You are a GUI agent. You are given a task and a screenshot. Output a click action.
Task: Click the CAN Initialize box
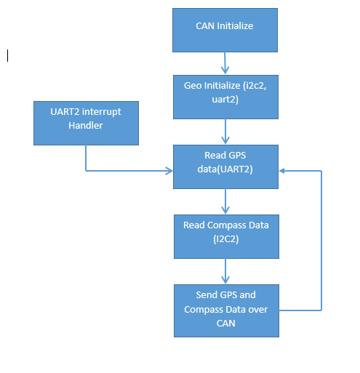coord(225,30)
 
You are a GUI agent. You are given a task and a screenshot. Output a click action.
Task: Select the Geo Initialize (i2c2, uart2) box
coord(225,97)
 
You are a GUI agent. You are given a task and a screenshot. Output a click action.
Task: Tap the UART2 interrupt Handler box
coord(86,123)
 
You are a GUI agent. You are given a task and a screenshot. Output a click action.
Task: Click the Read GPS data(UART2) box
coord(225,167)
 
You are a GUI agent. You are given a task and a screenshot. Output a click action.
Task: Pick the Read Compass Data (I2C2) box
coord(226,236)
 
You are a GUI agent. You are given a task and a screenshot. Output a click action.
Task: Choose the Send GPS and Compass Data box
coord(226,310)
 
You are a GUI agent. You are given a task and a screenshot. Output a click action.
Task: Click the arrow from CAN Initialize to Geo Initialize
coord(225,63)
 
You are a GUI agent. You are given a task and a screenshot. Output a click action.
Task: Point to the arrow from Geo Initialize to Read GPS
coord(225,132)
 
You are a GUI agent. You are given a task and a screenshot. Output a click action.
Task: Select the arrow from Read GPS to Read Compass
coord(225,201)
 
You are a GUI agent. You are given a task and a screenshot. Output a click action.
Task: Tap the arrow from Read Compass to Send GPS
coord(225,271)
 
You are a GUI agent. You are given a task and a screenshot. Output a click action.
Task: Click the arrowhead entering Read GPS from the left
coord(169,171)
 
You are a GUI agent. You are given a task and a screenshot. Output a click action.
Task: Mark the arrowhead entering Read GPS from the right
coord(281,171)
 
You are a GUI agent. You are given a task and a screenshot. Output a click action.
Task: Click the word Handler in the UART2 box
coord(86,126)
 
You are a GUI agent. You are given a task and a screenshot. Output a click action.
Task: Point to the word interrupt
coord(102,112)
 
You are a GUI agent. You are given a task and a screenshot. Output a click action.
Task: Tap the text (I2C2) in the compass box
coord(226,239)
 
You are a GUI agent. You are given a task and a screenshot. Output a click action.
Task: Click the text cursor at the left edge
coord(8,55)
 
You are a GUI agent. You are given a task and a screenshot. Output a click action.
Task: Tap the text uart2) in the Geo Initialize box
coord(225,100)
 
